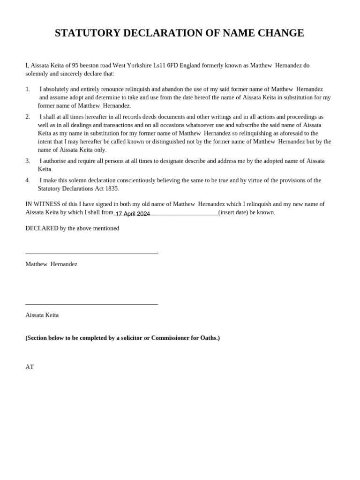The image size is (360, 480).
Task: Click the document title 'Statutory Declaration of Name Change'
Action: (180, 33)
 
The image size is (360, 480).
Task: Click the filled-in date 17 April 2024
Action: (133, 214)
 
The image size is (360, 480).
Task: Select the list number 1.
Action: (28, 89)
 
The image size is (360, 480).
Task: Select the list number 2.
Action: (28, 117)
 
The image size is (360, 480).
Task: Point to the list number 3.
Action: (28, 161)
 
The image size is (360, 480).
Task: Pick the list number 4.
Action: (28, 180)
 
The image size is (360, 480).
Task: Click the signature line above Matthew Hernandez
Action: (91, 254)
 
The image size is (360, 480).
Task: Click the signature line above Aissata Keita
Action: (91, 304)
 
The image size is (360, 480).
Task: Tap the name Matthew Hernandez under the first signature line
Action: (51, 264)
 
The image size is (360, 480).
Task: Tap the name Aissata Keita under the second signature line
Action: (42, 315)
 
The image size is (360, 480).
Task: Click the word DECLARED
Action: (42, 228)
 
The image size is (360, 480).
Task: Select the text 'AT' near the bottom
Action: (30, 367)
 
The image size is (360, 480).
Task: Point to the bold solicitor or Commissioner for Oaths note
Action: (122, 338)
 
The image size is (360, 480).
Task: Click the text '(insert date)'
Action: (233, 212)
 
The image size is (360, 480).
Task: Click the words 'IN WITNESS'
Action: (42, 204)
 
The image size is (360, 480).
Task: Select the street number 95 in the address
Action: (75, 65)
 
